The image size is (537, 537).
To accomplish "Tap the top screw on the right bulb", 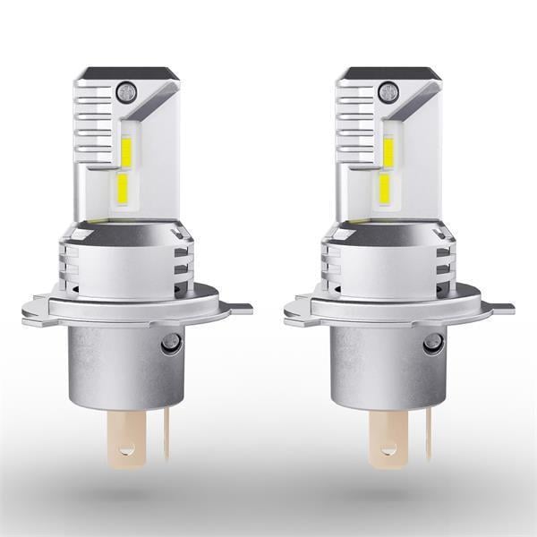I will point(387,90).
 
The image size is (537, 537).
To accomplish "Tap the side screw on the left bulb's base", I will point(169,342).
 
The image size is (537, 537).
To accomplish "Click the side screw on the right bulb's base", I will point(432,342).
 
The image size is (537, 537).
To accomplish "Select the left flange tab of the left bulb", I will point(33,312).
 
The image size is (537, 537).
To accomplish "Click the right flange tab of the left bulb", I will point(239,309).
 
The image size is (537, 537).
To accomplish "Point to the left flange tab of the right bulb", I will point(296,312).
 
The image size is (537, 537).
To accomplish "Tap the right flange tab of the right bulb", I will point(502,309).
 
